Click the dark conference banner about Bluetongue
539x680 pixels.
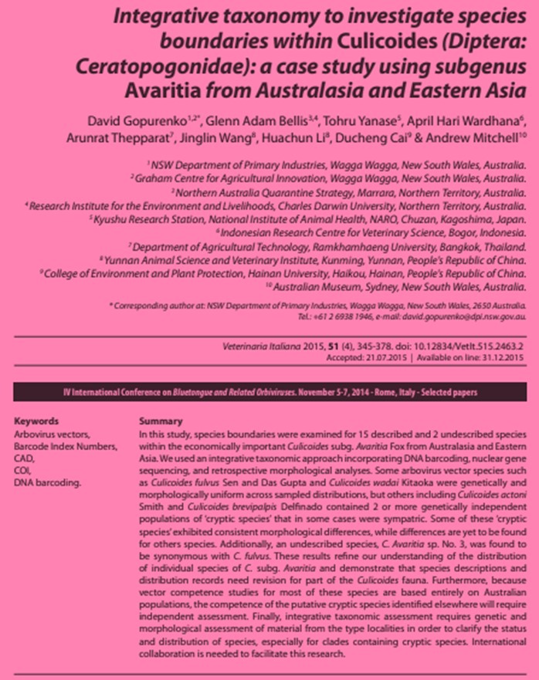(269, 393)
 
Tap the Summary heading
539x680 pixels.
(161, 421)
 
